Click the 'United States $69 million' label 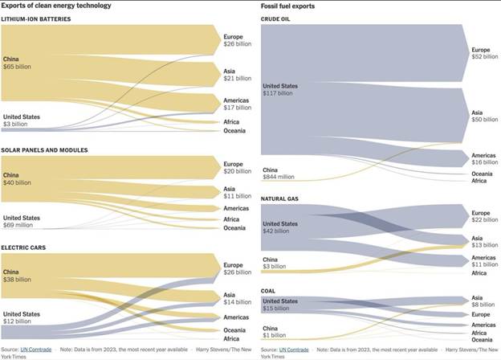point(22,221)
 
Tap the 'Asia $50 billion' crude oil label point(484,116)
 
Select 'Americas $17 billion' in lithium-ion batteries point(237,104)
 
